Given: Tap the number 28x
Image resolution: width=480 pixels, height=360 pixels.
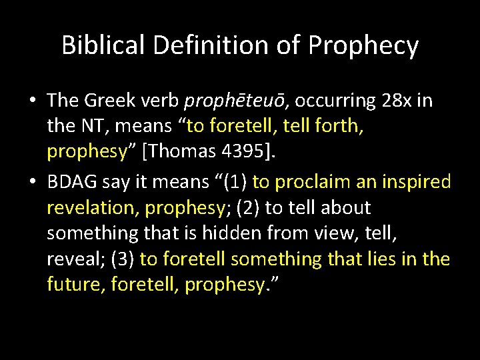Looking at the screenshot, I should [x=397, y=101].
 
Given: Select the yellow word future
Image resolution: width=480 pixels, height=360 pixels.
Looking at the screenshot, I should [x=76, y=285].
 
